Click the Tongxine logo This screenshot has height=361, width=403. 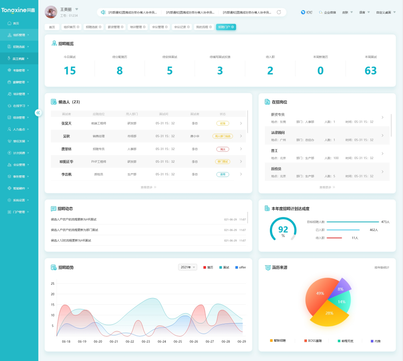pos(18,10)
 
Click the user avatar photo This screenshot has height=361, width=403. pos(50,12)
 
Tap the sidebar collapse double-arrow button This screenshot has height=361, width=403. pos(38,113)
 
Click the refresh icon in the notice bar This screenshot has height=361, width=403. pos(279,12)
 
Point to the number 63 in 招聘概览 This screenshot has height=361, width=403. pos(370,71)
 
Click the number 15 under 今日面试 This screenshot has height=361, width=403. pos(70,71)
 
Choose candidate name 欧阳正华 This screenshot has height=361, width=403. pos(66,162)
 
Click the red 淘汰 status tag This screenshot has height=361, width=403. pos(222,149)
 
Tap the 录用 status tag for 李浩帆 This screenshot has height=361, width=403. pos(222,174)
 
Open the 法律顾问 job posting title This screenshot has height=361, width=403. pos(278,133)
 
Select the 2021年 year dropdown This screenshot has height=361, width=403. pos(187,267)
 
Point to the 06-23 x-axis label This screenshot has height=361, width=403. pos(146,341)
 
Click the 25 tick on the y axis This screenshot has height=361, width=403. pos(53,283)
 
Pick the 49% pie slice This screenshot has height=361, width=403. pos(320,294)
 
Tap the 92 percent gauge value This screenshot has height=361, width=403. pos(283,229)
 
